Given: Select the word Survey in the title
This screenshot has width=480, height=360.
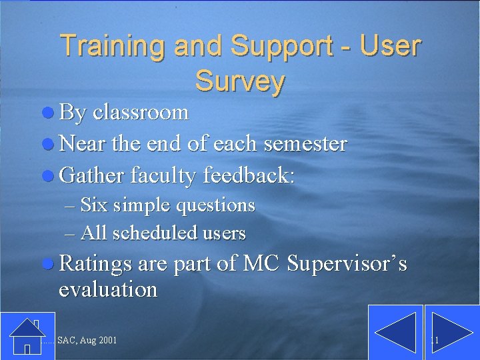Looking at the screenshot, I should coord(240,81).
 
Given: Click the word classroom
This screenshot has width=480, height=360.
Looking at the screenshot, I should coord(141,112).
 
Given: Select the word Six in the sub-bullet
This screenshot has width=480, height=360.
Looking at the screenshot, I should coord(94,205).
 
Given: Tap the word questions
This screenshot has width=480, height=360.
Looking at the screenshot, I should coord(215,205).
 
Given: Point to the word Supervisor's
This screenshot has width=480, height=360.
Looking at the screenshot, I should coord(347,264).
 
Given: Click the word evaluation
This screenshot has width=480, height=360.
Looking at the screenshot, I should coord(108,289).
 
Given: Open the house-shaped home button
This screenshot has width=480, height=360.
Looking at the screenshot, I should coord(27,336).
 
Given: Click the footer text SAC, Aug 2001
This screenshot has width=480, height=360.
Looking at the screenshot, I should coord(87,341).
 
